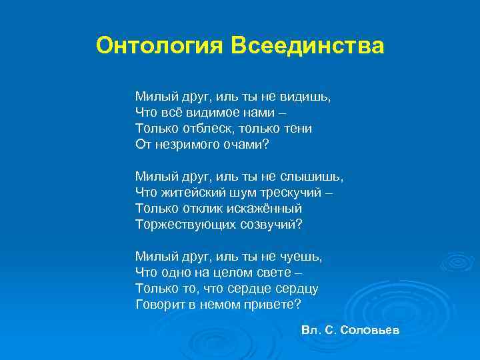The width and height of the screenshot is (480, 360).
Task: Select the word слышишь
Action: pos(315,177)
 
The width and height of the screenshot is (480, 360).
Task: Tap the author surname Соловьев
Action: pos(368,331)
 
